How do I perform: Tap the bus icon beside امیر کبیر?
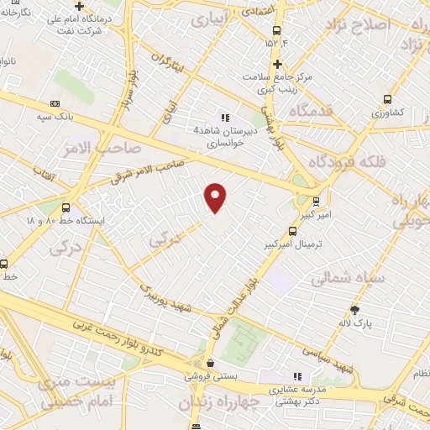[x=316, y=201]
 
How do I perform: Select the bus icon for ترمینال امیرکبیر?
[x=292, y=231]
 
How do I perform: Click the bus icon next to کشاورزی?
[x=387, y=98]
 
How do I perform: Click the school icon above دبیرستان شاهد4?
[x=224, y=118]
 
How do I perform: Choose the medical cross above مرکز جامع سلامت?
[x=277, y=64]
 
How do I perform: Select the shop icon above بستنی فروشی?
[x=209, y=363]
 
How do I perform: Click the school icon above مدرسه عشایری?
[x=296, y=377]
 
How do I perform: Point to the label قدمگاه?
[x=311, y=110]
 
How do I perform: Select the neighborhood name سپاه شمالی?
[x=347, y=278]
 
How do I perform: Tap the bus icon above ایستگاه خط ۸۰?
[x=66, y=208]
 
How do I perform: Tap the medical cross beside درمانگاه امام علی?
[x=78, y=6]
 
